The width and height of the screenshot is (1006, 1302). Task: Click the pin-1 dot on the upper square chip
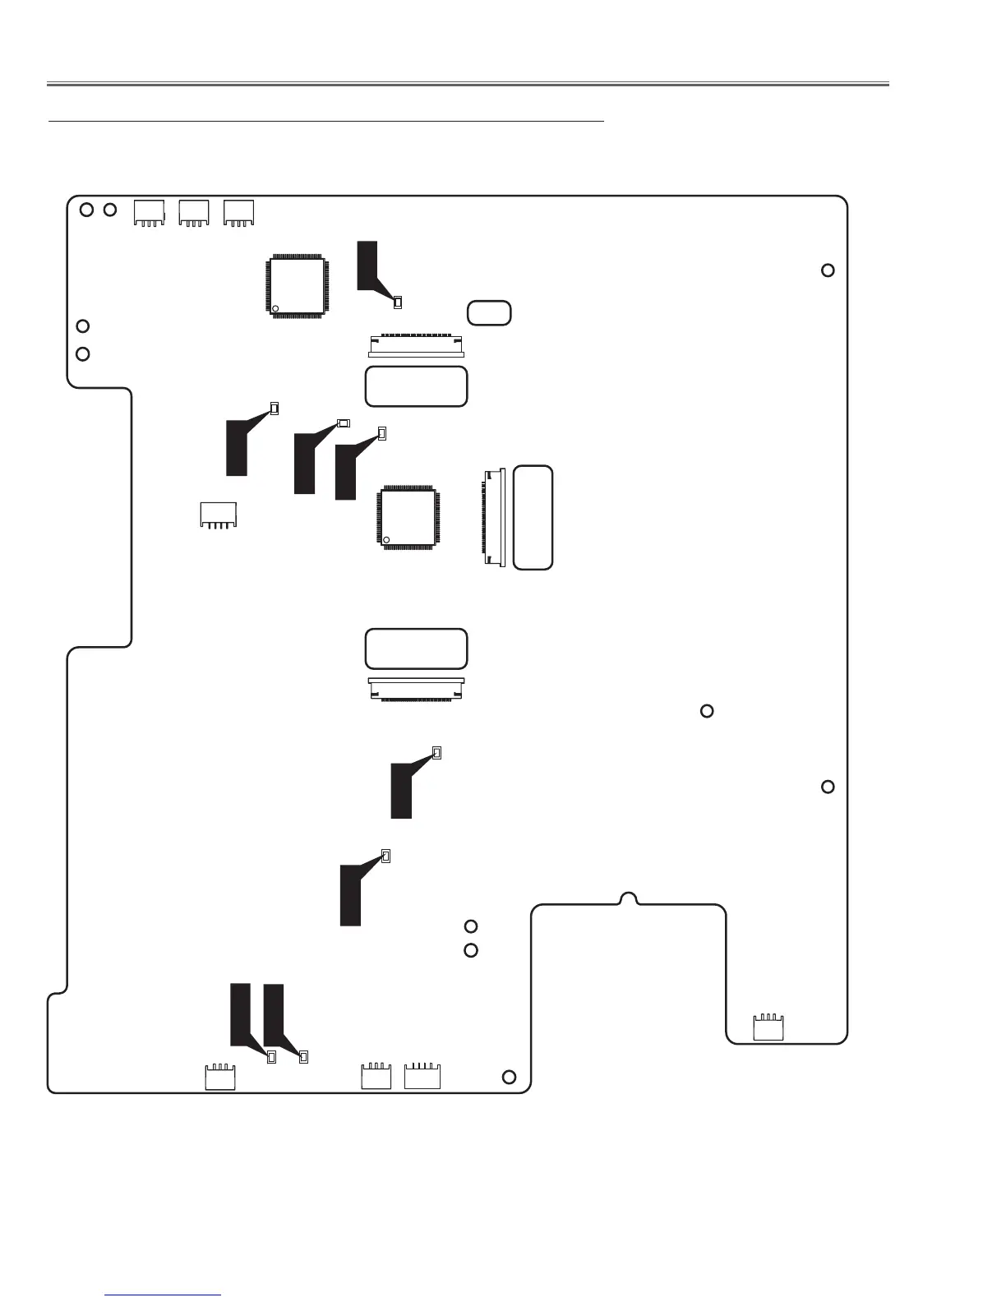tap(275, 309)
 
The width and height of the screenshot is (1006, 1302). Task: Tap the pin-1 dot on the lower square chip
tap(386, 539)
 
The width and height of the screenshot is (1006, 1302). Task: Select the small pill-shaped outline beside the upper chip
tap(489, 313)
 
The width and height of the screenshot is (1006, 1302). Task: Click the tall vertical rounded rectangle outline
tap(533, 518)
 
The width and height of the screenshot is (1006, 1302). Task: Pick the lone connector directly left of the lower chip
tap(219, 515)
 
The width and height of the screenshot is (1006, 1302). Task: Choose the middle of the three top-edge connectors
tap(194, 213)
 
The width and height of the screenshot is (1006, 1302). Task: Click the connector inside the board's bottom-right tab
tap(769, 1028)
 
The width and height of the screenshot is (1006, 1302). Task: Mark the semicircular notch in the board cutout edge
tap(628, 898)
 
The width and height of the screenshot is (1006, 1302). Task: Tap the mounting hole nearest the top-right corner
tap(828, 270)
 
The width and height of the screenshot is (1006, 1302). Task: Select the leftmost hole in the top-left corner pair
tap(86, 210)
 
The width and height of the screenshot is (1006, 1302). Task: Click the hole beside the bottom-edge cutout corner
tap(510, 1078)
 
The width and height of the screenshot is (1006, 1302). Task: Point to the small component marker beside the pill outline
tap(398, 302)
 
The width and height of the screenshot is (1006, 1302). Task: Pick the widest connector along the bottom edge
tap(422, 1077)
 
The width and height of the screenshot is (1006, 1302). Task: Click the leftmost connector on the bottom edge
tap(220, 1078)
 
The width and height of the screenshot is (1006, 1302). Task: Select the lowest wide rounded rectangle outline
tap(416, 649)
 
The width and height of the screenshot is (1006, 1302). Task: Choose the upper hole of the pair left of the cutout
tap(471, 927)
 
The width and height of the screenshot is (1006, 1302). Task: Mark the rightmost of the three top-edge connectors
tap(239, 213)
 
